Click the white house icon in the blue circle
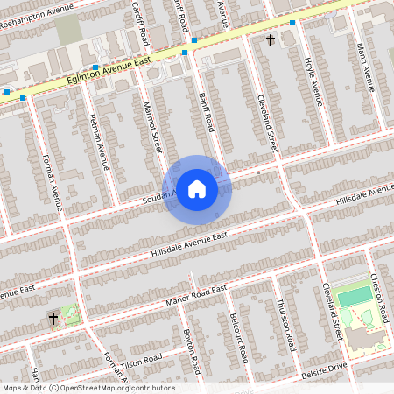(x=197, y=189)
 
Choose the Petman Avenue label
(x=100, y=141)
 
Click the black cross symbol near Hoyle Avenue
(x=270, y=40)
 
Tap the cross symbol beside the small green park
(x=53, y=319)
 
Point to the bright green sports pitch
(x=354, y=296)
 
